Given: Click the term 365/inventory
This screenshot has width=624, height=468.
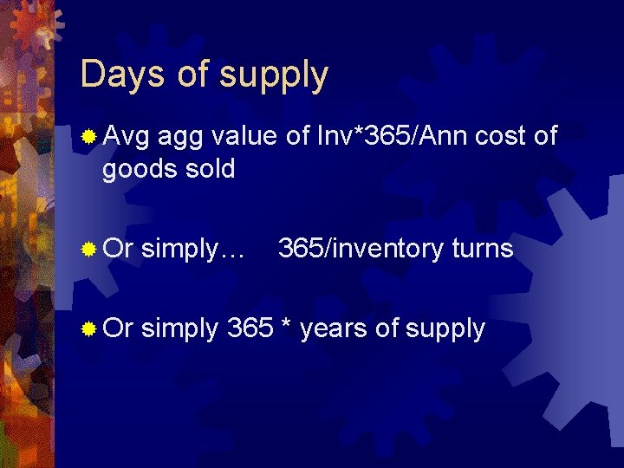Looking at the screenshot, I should tap(361, 250).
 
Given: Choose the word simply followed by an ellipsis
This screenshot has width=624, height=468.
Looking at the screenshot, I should tap(192, 250).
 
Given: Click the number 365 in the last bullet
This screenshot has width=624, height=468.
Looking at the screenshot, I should tap(250, 328).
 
